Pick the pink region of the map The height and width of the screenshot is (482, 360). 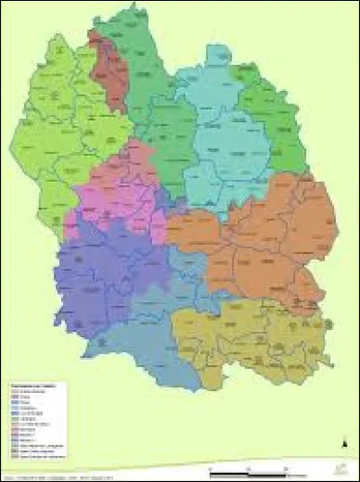tap(117, 193)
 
